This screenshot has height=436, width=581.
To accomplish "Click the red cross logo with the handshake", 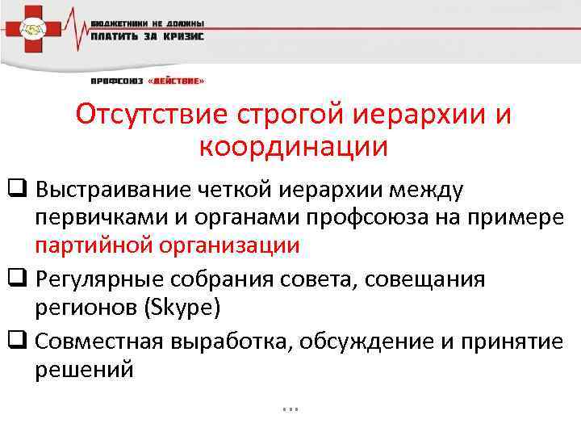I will coord(33,30).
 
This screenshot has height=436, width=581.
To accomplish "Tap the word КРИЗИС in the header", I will coord(182,36).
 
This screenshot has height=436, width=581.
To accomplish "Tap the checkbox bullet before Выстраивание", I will coord(16,190).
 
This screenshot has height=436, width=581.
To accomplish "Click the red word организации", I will coord(228,245).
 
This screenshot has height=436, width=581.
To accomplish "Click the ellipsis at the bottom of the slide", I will coord(291,407).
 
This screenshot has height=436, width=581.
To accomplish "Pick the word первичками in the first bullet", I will coord(100,218).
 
